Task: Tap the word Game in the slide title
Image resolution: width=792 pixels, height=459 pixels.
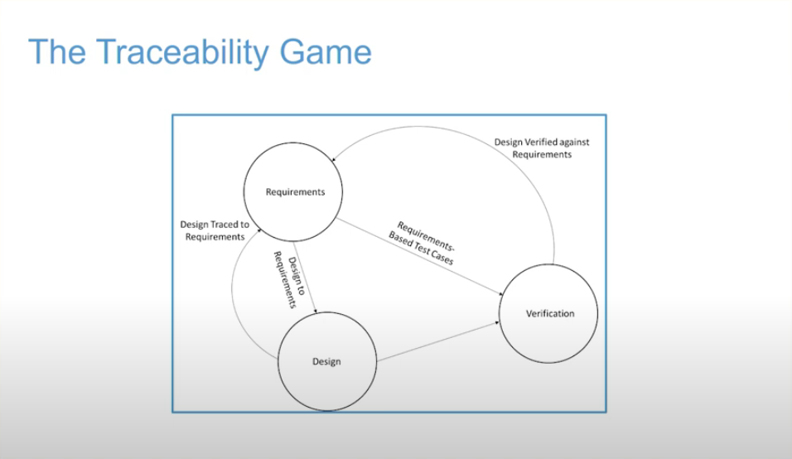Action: [x=326, y=52]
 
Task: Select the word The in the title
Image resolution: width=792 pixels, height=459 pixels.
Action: [x=57, y=51]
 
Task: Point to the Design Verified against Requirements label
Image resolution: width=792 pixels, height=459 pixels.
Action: [x=542, y=148]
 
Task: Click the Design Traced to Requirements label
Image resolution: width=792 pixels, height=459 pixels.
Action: [x=215, y=231]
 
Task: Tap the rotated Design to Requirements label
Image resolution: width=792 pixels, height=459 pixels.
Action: [x=290, y=279]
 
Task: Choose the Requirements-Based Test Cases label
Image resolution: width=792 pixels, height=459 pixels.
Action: [x=423, y=243]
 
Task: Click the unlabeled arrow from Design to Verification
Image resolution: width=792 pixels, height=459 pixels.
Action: [x=438, y=342]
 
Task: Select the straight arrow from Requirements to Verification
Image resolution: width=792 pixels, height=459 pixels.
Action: [x=420, y=257]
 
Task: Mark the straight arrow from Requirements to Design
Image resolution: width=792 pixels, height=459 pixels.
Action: [x=305, y=278]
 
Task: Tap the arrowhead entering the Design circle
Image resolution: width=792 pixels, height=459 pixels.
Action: [x=316, y=311]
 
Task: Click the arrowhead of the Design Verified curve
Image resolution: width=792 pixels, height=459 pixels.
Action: [x=333, y=159]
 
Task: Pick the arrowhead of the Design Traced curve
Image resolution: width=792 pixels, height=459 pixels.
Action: [x=259, y=231]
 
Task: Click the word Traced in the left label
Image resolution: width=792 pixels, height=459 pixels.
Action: [x=225, y=225]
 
